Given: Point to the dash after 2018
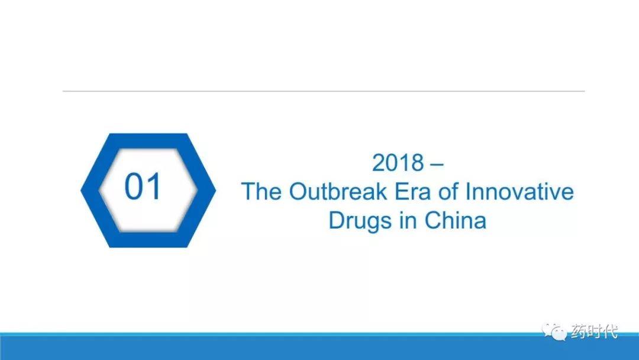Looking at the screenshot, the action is pos(437,165).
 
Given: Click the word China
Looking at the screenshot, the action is pos(455,220).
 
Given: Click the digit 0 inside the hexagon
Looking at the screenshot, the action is pos(133,187).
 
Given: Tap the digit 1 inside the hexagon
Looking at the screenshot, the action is pos(154,187).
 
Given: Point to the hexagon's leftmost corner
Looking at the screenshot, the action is pos(80,190).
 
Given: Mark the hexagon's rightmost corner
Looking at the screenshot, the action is pos(216,190).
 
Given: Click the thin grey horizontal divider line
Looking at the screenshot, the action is pos(324,91).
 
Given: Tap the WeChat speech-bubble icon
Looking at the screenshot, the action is pos(554,332).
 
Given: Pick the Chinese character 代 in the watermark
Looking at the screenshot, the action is pos(610,332).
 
